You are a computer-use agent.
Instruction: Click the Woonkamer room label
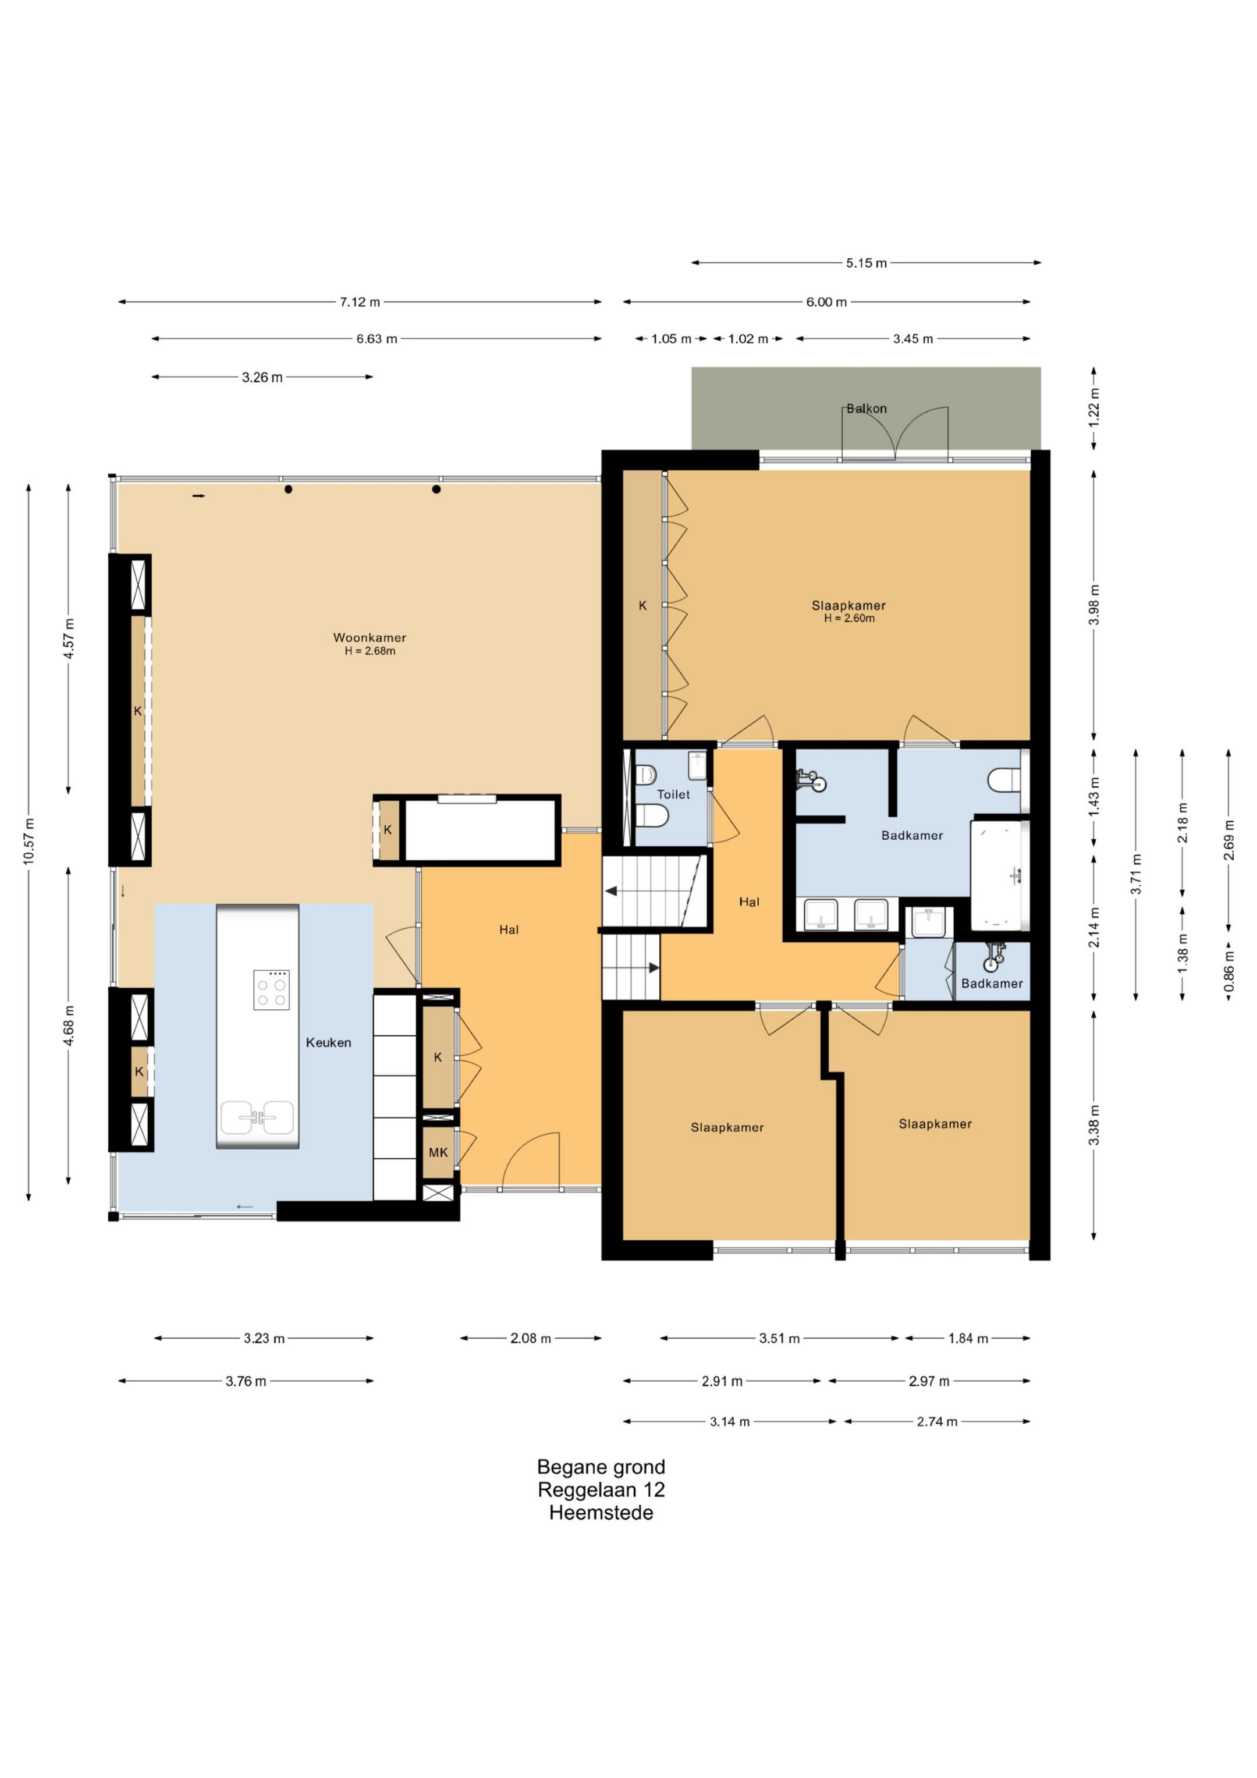pyautogui.click(x=370, y=637)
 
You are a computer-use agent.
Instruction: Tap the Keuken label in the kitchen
pyautogui.click(x=328, y=1042)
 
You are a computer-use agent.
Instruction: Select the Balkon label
pyautogui.click(x=867, y=408)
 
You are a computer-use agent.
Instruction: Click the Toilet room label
pyautogui.click(x=673, y=794)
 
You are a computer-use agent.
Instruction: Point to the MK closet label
pyautogui.click(x=438, y=1152)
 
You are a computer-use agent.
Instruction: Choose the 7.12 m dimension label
pyautogui.click(x=360, y=302)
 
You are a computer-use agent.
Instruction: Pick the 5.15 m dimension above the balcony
pyautogui.click(x=866, y=263)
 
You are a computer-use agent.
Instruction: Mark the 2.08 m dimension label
pyautogui.click(x=531, y=1338)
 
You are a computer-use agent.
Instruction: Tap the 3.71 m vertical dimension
pyautogui.click(x=1136, y=874)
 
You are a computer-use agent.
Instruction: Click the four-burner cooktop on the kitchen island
pyautogui.click(x=272, y=989)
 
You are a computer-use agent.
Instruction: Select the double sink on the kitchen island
pyautogui.click(x=257, y=1117)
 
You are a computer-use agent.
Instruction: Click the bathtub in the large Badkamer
pyautogui.click(x=1000, y=875)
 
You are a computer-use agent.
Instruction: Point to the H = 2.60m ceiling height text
pyautogui.click(x=849, y=618)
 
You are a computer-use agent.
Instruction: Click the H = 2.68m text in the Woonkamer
pyautogui.click(x=370, y=651)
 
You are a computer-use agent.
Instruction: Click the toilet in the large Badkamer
pyautogui.click(x=1004, y=780)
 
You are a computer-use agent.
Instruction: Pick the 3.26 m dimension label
pyautogui.click(x=262, y=377)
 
